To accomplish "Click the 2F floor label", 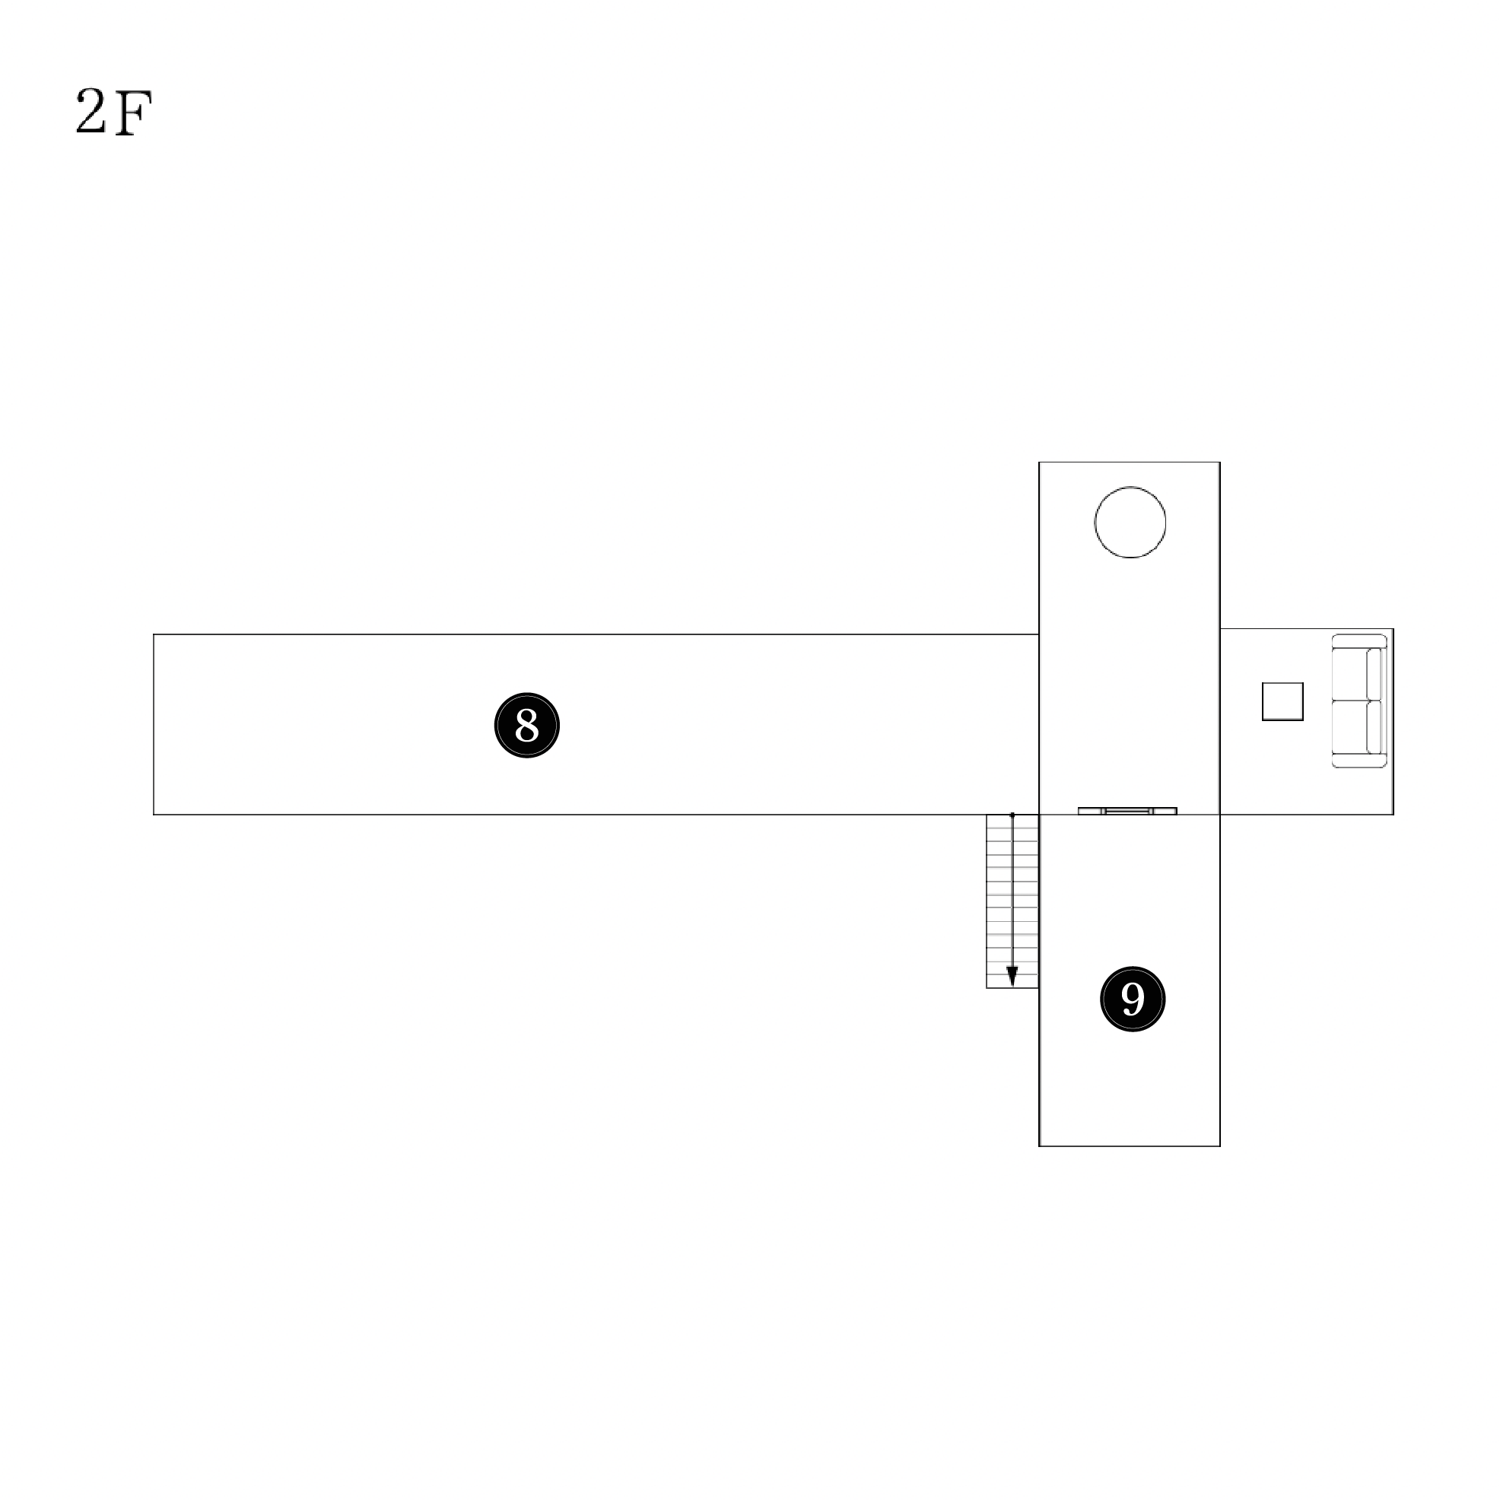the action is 113,112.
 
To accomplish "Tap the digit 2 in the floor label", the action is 90,111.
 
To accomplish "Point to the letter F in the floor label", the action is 133,113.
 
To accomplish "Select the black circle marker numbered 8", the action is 527,725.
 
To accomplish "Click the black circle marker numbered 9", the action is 1133,999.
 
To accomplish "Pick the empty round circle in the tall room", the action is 1130,487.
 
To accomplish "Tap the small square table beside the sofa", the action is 1282,702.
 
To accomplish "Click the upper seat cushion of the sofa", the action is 1349,674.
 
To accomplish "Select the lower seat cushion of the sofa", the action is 1349,726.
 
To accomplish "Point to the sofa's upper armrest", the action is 1359,641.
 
